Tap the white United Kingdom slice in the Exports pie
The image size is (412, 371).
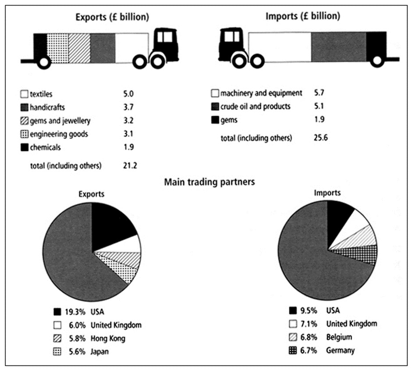point(131,244)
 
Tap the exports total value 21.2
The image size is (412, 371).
point(130,166)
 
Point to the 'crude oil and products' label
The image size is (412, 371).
point(255,106)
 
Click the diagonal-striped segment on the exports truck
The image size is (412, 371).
point(79,47)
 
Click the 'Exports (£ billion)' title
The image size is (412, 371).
point(112,17)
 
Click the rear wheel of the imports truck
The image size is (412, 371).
point(376,61)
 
